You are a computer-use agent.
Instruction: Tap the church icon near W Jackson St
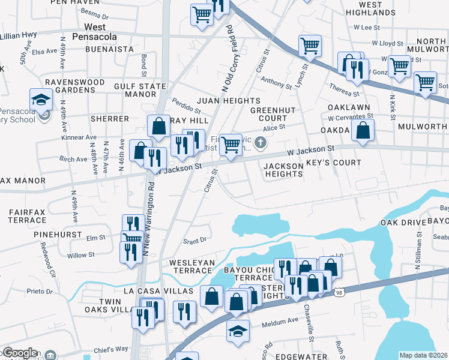coord(260,143)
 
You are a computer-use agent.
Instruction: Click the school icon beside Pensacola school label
coord(41,98)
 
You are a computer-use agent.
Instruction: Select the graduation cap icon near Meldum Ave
coord(238,330)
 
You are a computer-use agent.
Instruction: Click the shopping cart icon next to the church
coord(231,144)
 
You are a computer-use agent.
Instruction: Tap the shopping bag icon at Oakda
coord(363,130)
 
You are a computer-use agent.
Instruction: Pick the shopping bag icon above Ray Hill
coord(158,126)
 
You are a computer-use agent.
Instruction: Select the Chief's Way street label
coord(113,349)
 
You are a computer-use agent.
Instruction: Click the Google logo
coord(19,353)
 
